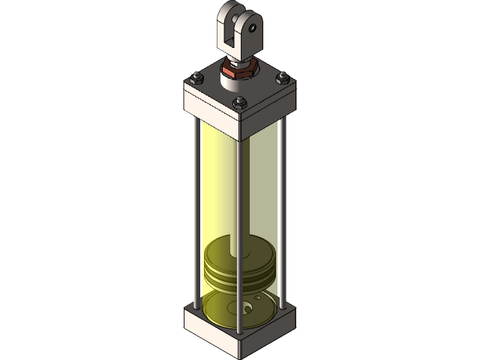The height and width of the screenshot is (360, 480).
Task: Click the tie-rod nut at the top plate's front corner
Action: point(239,103)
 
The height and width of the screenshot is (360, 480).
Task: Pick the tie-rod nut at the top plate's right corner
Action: point(283,77)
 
